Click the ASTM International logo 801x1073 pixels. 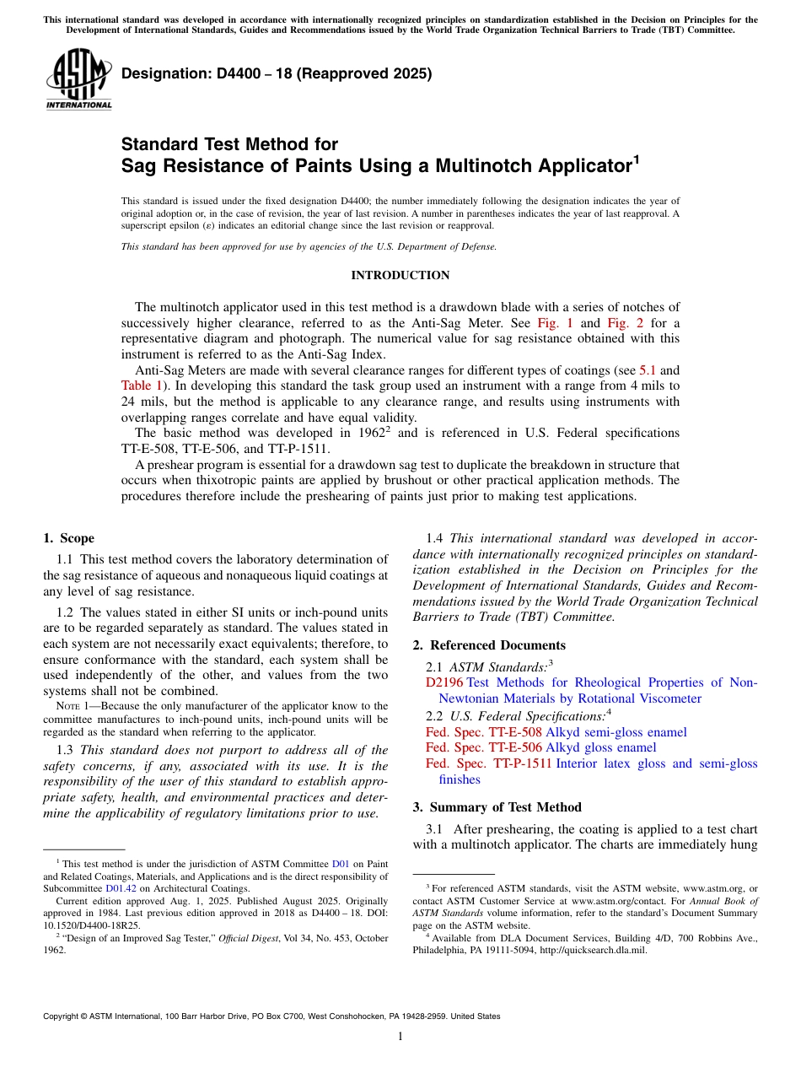tap(78, 79)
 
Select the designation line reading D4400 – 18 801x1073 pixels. tap(277, 73)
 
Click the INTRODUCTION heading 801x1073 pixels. tap(400, 276)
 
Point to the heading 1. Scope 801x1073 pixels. tap(68, 538)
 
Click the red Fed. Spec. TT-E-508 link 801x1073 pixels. tap(483, 732)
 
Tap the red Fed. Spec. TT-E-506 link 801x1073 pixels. tap(483, 747)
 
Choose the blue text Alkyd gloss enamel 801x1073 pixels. tap(600, 747)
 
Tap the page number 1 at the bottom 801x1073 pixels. tap(400, 1037)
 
